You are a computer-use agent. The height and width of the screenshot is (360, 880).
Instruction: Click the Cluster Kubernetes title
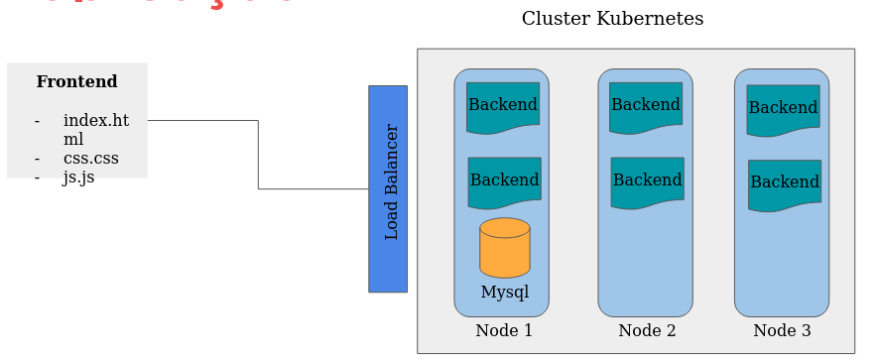(x=612, y=19)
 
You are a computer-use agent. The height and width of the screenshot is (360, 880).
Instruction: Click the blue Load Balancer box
(x=388, y=188)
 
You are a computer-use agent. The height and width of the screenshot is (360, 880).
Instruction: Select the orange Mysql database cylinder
(x=504, y=248)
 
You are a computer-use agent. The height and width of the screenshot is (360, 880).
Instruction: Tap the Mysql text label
(x=504, y=293)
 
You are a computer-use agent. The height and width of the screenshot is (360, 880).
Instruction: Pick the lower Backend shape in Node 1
(x=504, y=180)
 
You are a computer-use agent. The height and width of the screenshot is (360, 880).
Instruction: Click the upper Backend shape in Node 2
(x=646, y=105)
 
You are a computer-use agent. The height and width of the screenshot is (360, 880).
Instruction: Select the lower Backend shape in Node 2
(x=647, y=180)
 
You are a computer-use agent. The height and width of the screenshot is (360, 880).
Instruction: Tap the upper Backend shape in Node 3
(x=783, y=108)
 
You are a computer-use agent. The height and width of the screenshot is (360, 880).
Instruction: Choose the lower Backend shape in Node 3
(x=784, y=182)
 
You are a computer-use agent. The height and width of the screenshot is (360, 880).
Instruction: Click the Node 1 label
(x=504, y=331)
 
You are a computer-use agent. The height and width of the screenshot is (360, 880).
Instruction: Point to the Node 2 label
(x=647, y=331)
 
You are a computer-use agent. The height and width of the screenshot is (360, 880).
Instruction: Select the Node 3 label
(x=782, y=331)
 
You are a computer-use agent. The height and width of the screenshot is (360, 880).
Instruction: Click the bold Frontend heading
(x=76, y=82)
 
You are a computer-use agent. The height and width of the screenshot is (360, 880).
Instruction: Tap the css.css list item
(x=90, y=159)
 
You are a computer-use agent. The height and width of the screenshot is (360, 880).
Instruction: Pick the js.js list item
(x=78, y=178)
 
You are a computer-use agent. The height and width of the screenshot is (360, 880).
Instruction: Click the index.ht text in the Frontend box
(x=95, y=121)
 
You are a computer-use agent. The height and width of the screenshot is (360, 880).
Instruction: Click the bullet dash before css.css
(x=37, y=159)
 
